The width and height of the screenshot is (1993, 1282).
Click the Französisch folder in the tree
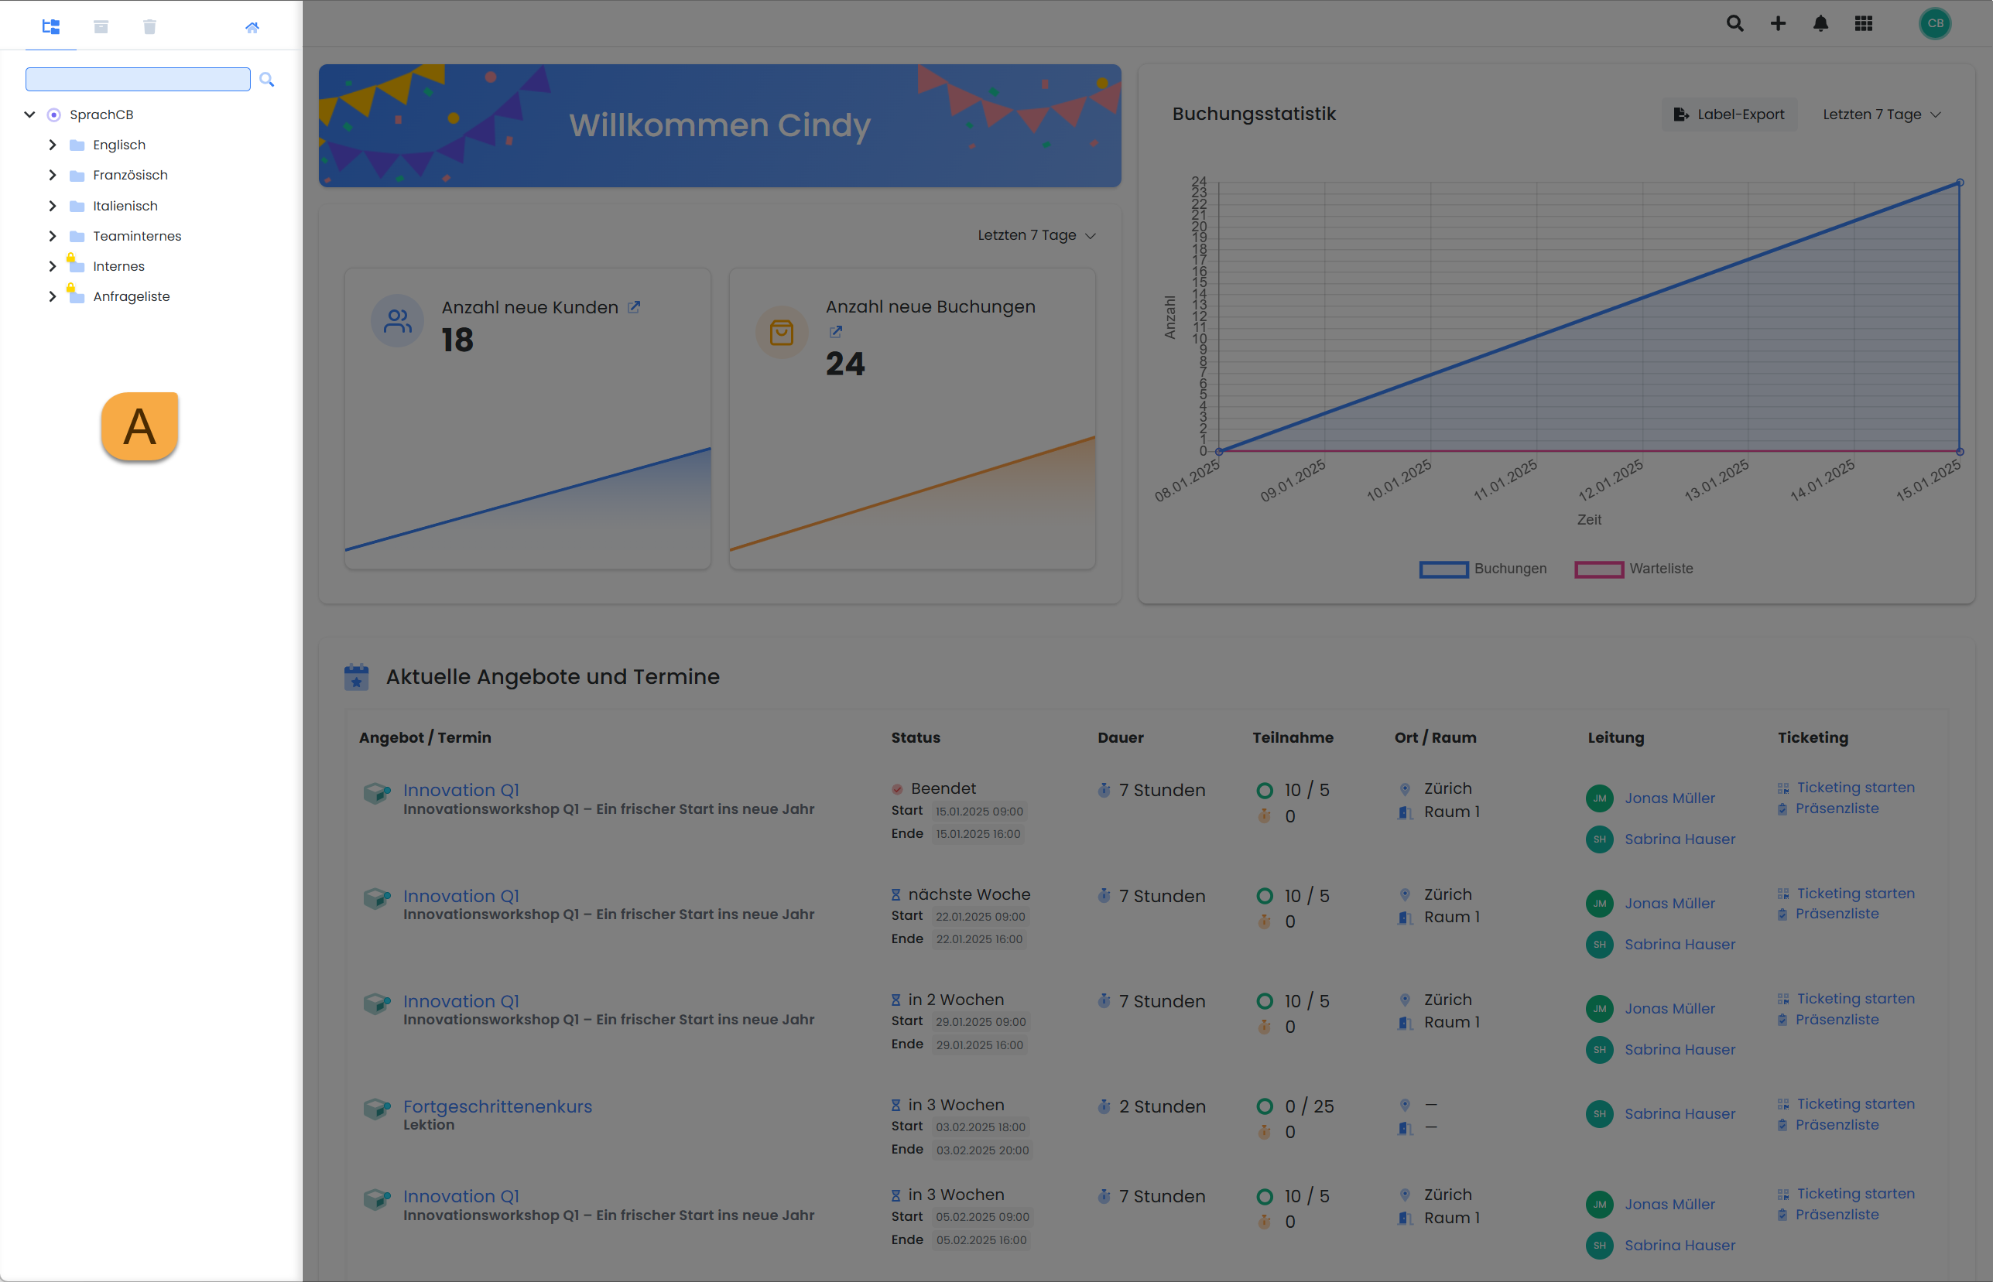(x=130, y=175)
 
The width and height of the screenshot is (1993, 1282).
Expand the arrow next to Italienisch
(x=53, y=206)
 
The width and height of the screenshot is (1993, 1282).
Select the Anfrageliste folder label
(x=131, y=296)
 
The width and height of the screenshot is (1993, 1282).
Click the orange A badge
(x=140, y=426)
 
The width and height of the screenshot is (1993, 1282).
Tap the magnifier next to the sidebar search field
(x=266, y=80)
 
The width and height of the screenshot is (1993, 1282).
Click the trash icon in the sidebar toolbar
(x=150, y=26)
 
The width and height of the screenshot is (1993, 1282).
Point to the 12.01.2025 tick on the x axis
(x=1610, y=480)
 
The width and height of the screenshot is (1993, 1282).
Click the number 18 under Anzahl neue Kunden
(x=457, y=340)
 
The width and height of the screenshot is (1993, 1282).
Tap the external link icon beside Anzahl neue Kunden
(x=634, y=307)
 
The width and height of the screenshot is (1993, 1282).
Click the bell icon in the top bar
(x=1820, y=23)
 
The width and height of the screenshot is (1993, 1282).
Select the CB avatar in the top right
(x=1935, y=23)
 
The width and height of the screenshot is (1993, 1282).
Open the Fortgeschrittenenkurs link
(x=497, y=1106)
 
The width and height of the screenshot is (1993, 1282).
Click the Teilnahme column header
(x=1293, y=737)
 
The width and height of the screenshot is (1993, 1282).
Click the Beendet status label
(x=943, y=788)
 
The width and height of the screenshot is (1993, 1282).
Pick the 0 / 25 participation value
(x=1308, y=1106)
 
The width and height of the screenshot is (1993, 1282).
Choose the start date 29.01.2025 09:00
(x=981, y=1021)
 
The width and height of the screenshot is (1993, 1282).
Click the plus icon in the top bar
(x=1778, y=23)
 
